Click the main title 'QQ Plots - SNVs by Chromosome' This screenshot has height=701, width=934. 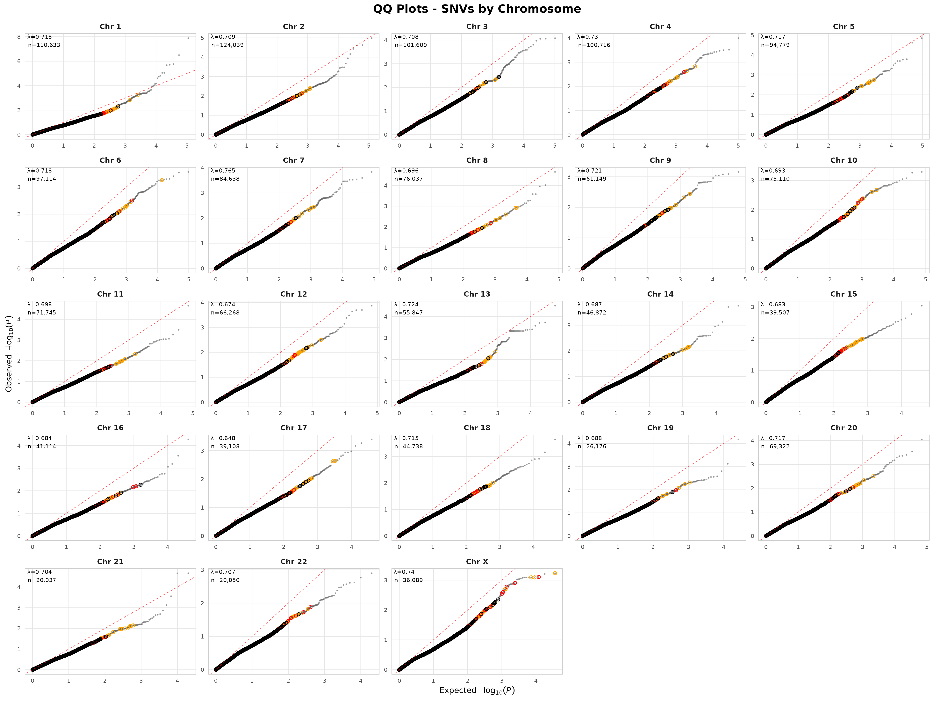pos(477,9)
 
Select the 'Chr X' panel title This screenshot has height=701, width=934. pos(477,562)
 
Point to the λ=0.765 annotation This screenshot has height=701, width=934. pos(223,171)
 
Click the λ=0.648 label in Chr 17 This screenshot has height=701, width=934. pos(223,438)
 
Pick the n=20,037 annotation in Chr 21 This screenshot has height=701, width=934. pos(42,580)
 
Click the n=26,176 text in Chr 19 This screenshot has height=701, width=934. pos(592,446)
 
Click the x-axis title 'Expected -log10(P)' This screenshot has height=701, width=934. pos(477,690)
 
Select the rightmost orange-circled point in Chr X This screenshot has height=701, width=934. pos(555,573)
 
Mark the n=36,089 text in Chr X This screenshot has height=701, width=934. pos(409,580)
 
